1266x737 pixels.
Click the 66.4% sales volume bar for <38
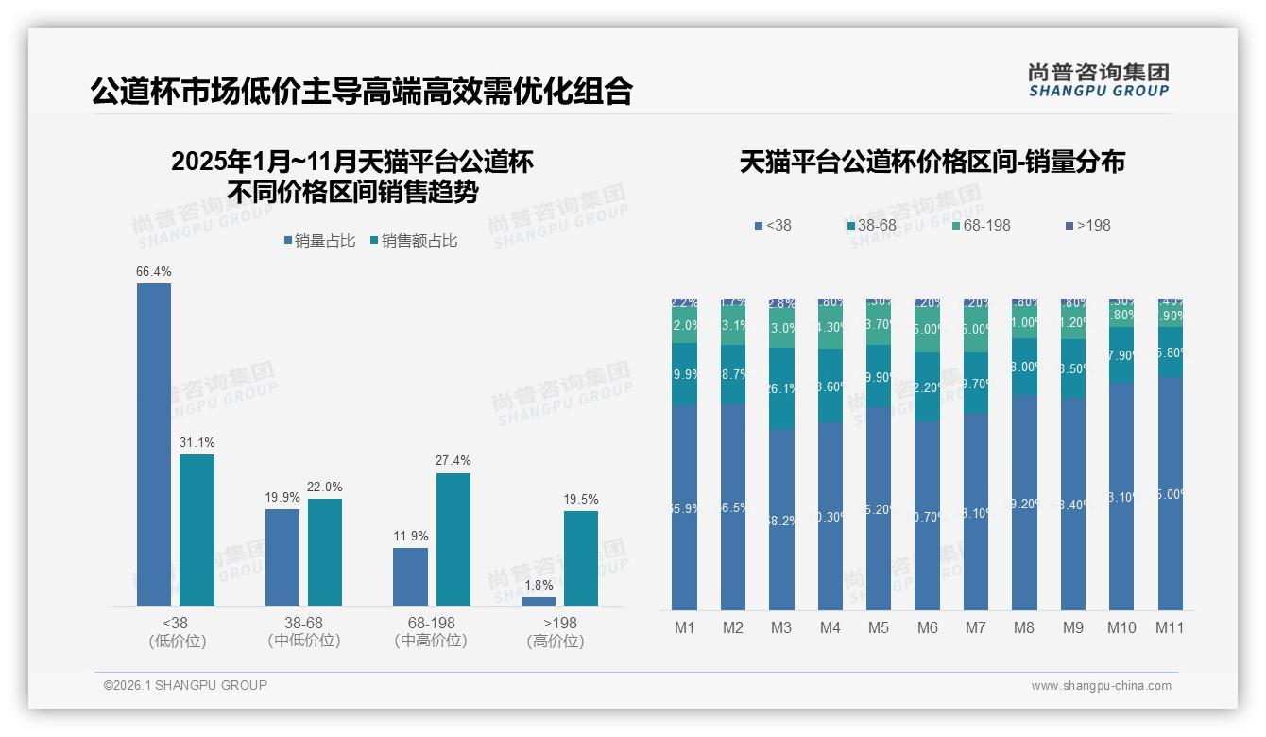(154, 444)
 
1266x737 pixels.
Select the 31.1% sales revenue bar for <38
(197, 529)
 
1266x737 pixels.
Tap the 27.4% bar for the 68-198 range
(453, 539)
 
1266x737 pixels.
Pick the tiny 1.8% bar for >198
(539, 601)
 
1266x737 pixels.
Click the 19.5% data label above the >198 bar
(581, 499)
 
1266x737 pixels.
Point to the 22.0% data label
(325, 487)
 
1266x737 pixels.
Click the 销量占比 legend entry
(319, 241)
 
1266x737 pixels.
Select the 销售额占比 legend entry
(414, 241)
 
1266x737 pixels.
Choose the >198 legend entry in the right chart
(1088, 225)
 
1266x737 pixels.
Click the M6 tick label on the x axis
(927, 627)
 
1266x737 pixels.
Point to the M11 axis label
(1170, 627)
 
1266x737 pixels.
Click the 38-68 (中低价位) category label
(303, 631)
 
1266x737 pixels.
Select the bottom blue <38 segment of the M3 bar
(781, 520)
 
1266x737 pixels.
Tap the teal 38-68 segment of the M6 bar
(927, 386)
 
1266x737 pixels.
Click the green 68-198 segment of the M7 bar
(976, 330)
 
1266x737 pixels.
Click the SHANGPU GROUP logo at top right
(1099, 79)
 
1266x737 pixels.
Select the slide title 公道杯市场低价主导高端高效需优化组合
(362, 92)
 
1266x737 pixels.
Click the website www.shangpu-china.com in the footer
(1101, 686)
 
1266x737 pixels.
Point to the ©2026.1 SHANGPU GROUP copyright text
(186, 685)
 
